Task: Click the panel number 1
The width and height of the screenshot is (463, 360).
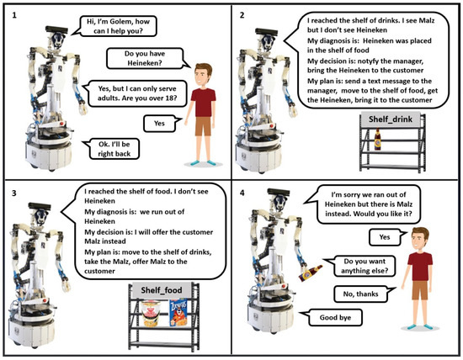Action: pos(14,15)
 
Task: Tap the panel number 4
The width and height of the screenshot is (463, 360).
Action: pos(242,193)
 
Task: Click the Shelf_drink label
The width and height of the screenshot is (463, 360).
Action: pos(391,119)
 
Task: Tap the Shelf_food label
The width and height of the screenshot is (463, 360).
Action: pos(162,290)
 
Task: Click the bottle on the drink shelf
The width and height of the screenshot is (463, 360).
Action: pos(377,140)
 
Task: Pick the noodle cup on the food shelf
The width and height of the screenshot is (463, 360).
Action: pos(151,313)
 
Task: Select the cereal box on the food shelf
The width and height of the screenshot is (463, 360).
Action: pos(178,312)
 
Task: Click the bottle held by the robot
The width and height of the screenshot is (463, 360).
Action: pos(310,273)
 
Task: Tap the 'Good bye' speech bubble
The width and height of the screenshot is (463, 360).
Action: pos(332,317)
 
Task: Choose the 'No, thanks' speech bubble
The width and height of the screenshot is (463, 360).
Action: pos(364,294)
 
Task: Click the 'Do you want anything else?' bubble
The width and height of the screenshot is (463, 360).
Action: pos(361,266)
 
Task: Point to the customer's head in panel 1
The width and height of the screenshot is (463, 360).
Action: pos(203,74)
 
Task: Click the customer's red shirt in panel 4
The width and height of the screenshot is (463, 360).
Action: pos(419,266)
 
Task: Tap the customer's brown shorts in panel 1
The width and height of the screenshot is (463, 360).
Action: pos(203,126)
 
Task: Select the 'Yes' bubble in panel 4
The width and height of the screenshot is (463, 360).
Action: pos(386,237)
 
